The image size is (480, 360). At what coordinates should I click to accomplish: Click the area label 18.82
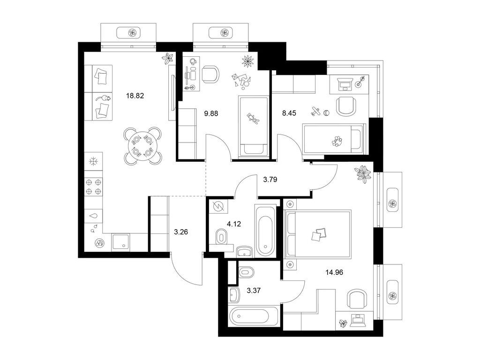tap(135, 96)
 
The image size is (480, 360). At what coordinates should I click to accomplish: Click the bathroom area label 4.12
tap(234, 224)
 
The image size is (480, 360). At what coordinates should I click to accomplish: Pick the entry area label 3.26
tap(182, 231)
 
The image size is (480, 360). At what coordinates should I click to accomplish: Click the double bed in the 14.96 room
tap(318, 234)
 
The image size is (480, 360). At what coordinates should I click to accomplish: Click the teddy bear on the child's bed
tap(254, 120)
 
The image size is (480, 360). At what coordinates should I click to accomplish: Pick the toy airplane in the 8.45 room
tap(315, 111)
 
